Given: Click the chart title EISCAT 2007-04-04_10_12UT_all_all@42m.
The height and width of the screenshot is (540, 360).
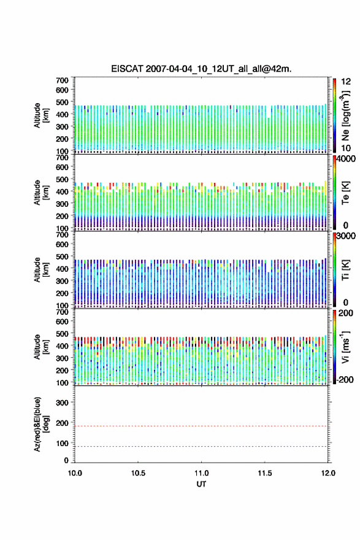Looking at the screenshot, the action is (x=201, y=69).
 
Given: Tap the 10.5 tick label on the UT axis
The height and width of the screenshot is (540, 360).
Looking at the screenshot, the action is (x=138, y=473).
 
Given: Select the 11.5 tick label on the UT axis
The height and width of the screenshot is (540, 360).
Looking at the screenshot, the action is (x=265, y=473).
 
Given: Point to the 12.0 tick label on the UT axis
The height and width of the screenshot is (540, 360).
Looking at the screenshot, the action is (x=328, y=473).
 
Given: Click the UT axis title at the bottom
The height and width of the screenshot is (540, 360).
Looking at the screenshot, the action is (x=201, y=484).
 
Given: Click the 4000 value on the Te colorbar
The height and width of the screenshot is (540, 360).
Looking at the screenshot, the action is (x=346, y=159).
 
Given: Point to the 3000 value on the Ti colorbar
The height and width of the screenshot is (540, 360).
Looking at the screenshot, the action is (x=346, y=236).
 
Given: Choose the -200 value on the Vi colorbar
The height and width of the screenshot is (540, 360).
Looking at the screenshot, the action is (x=345, y=379).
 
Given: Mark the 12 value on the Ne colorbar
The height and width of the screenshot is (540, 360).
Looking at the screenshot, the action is (x=346, y=82).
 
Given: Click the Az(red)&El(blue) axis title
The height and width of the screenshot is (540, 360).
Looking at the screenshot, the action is (x=41, y=424).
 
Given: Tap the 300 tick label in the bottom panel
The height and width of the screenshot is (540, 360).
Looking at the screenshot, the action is (x=62, y=403).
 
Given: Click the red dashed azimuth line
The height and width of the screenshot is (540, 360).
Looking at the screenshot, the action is (x=201, y=426).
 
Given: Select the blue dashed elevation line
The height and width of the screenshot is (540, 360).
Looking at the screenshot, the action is (x=201, y=446).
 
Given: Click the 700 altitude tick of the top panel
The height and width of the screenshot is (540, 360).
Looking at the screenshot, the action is (x=62, y=80).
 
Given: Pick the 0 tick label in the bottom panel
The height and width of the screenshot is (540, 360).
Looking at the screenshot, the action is (x=66, y=460).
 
